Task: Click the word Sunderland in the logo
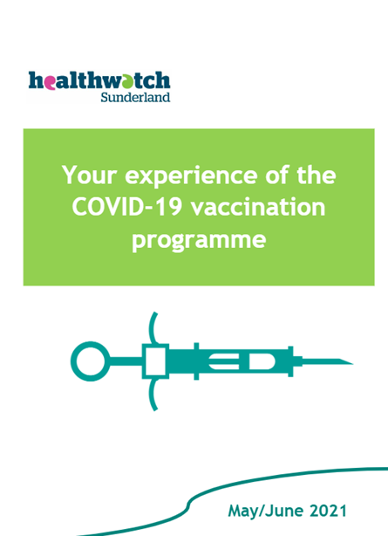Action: coord(135,97)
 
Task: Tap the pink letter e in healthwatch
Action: coord(49,82)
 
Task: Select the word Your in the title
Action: coord(90,175)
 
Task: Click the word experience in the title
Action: coord(191,177)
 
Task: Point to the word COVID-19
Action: coord(126,207)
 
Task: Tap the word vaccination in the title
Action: coord(258,207)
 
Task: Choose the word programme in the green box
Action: coord(199,241)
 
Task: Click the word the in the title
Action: coord(317,175)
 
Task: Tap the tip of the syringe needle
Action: coord(353,363)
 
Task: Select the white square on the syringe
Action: coord(155,361)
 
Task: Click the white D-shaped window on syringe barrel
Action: coord(262,361)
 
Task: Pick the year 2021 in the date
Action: coord(328,511)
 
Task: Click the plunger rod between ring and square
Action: coord(126,361)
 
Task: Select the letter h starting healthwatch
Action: coord(36,80)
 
